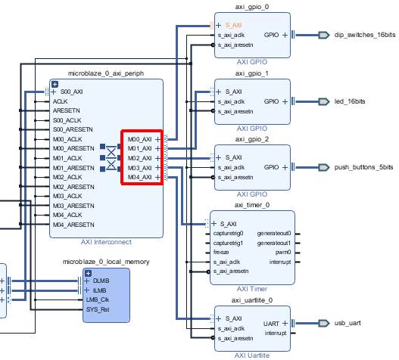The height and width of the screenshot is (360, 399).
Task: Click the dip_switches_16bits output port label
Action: pos(365,35)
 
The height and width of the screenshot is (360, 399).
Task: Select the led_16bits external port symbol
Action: pos(324,101)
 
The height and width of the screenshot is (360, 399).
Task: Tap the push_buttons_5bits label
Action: pos(363,167)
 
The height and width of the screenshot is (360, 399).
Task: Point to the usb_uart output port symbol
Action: pos(324,323)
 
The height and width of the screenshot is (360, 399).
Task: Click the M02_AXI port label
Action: pos(140,158)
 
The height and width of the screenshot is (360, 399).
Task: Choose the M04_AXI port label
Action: pos(140,177)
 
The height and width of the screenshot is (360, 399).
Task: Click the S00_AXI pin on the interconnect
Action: pos(71,92)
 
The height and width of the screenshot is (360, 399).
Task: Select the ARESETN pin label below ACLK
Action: pos(66,110)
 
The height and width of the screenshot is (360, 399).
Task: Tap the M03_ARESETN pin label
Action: pos(73,206)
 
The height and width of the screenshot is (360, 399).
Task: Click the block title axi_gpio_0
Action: pos(252,7)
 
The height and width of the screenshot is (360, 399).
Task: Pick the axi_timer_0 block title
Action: pos(252,205)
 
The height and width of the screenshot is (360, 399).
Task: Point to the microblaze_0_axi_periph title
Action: pos(106,73)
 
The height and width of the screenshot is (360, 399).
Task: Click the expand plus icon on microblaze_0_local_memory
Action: pos(88,273)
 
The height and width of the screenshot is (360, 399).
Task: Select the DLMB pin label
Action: pos(101,281)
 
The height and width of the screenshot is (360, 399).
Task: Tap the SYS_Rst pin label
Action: pos(98,309)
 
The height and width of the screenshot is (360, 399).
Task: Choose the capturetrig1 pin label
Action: pos(228,243)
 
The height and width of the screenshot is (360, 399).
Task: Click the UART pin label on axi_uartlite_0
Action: pos(271,324)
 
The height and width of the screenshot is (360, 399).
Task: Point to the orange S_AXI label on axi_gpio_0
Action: pos(233,25)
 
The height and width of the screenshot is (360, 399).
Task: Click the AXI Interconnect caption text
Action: pos(106,242)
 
